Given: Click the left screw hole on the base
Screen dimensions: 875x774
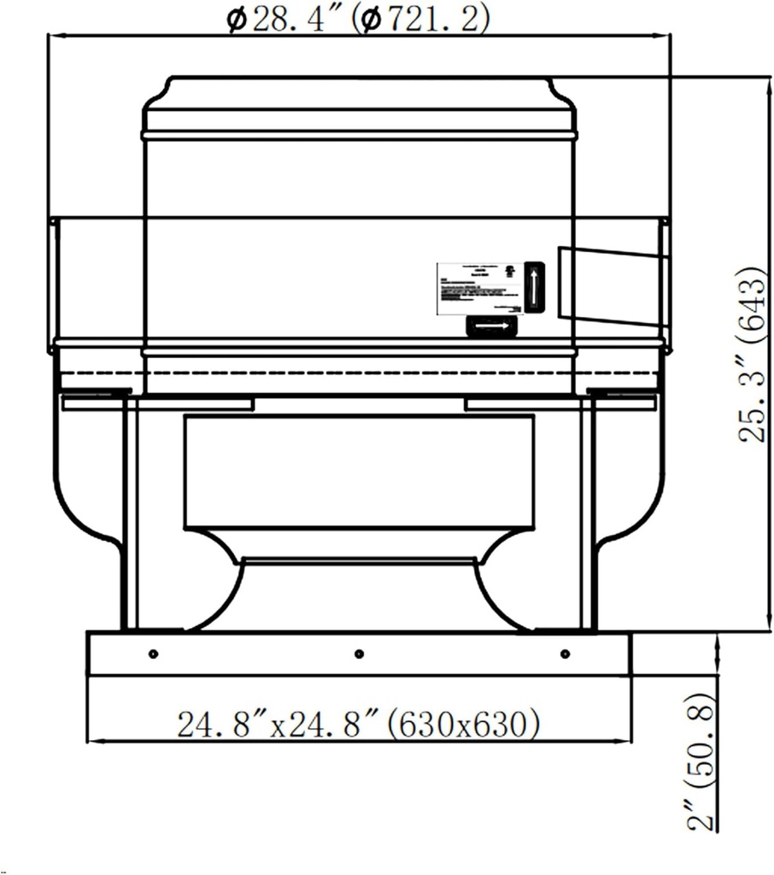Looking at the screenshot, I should coord(153,654).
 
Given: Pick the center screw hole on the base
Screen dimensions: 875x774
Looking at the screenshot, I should coord(359,654).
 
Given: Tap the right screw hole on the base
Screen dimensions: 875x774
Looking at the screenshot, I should coord(565,654).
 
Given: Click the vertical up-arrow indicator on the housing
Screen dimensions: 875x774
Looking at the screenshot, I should coord(534,286).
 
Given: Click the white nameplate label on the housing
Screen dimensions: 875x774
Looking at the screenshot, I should coord(478,288).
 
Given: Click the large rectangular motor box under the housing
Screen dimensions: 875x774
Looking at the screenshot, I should coord(359,472).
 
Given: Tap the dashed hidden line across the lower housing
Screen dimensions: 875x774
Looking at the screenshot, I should coord(359,373).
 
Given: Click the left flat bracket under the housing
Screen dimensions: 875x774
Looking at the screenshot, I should coord(157,402).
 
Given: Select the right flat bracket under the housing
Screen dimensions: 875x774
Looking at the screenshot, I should coord(560,402).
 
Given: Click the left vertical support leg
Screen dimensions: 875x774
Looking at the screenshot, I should coord(130,513).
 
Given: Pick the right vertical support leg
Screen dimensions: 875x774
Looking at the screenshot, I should coord(588,513).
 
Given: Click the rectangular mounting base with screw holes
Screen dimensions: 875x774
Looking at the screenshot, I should coord(359,655).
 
